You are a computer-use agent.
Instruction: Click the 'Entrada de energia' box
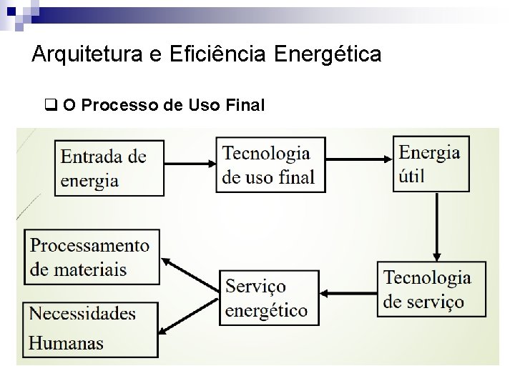109,167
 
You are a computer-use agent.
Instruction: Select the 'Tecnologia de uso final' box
270,164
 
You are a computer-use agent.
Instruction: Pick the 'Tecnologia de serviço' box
431,289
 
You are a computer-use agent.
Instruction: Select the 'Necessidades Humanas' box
91,329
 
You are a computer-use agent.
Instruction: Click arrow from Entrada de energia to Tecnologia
190,164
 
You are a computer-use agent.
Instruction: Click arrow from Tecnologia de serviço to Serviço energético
348,292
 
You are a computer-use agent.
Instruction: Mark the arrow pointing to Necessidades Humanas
190,314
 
